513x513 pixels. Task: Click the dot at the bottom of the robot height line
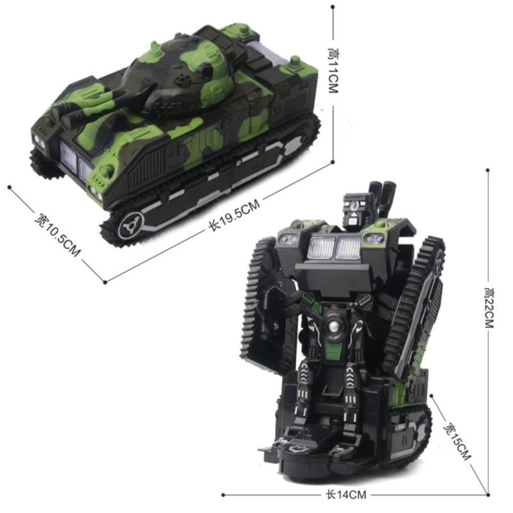click(488, 494)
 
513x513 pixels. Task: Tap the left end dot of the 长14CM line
click(223, 494)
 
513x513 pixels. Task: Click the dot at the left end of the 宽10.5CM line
click(10, 187)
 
